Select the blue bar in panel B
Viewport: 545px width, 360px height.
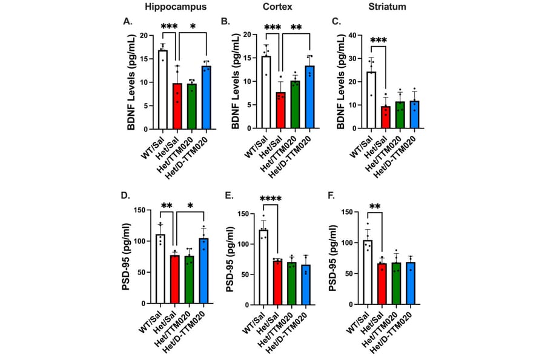[310, 98]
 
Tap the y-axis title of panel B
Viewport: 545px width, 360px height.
[231, 81]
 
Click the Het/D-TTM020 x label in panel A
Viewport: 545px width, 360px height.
[195, 152]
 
